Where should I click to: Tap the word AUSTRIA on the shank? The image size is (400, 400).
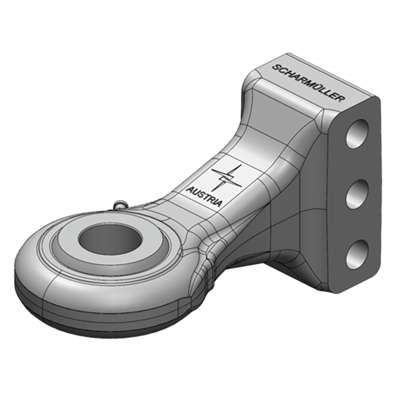coord(204,196)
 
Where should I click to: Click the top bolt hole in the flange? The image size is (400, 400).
coord(357,133)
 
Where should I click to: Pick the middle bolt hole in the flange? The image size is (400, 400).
coord(357,193)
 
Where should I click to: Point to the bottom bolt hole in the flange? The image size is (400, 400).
coord(357,253)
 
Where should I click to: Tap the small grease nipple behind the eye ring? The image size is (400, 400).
coord(120,204)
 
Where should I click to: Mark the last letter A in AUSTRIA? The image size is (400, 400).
coord(220,203)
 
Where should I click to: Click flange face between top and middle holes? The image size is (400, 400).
coord(357,164)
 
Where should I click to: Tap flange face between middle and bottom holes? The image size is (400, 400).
coord(357,224)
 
